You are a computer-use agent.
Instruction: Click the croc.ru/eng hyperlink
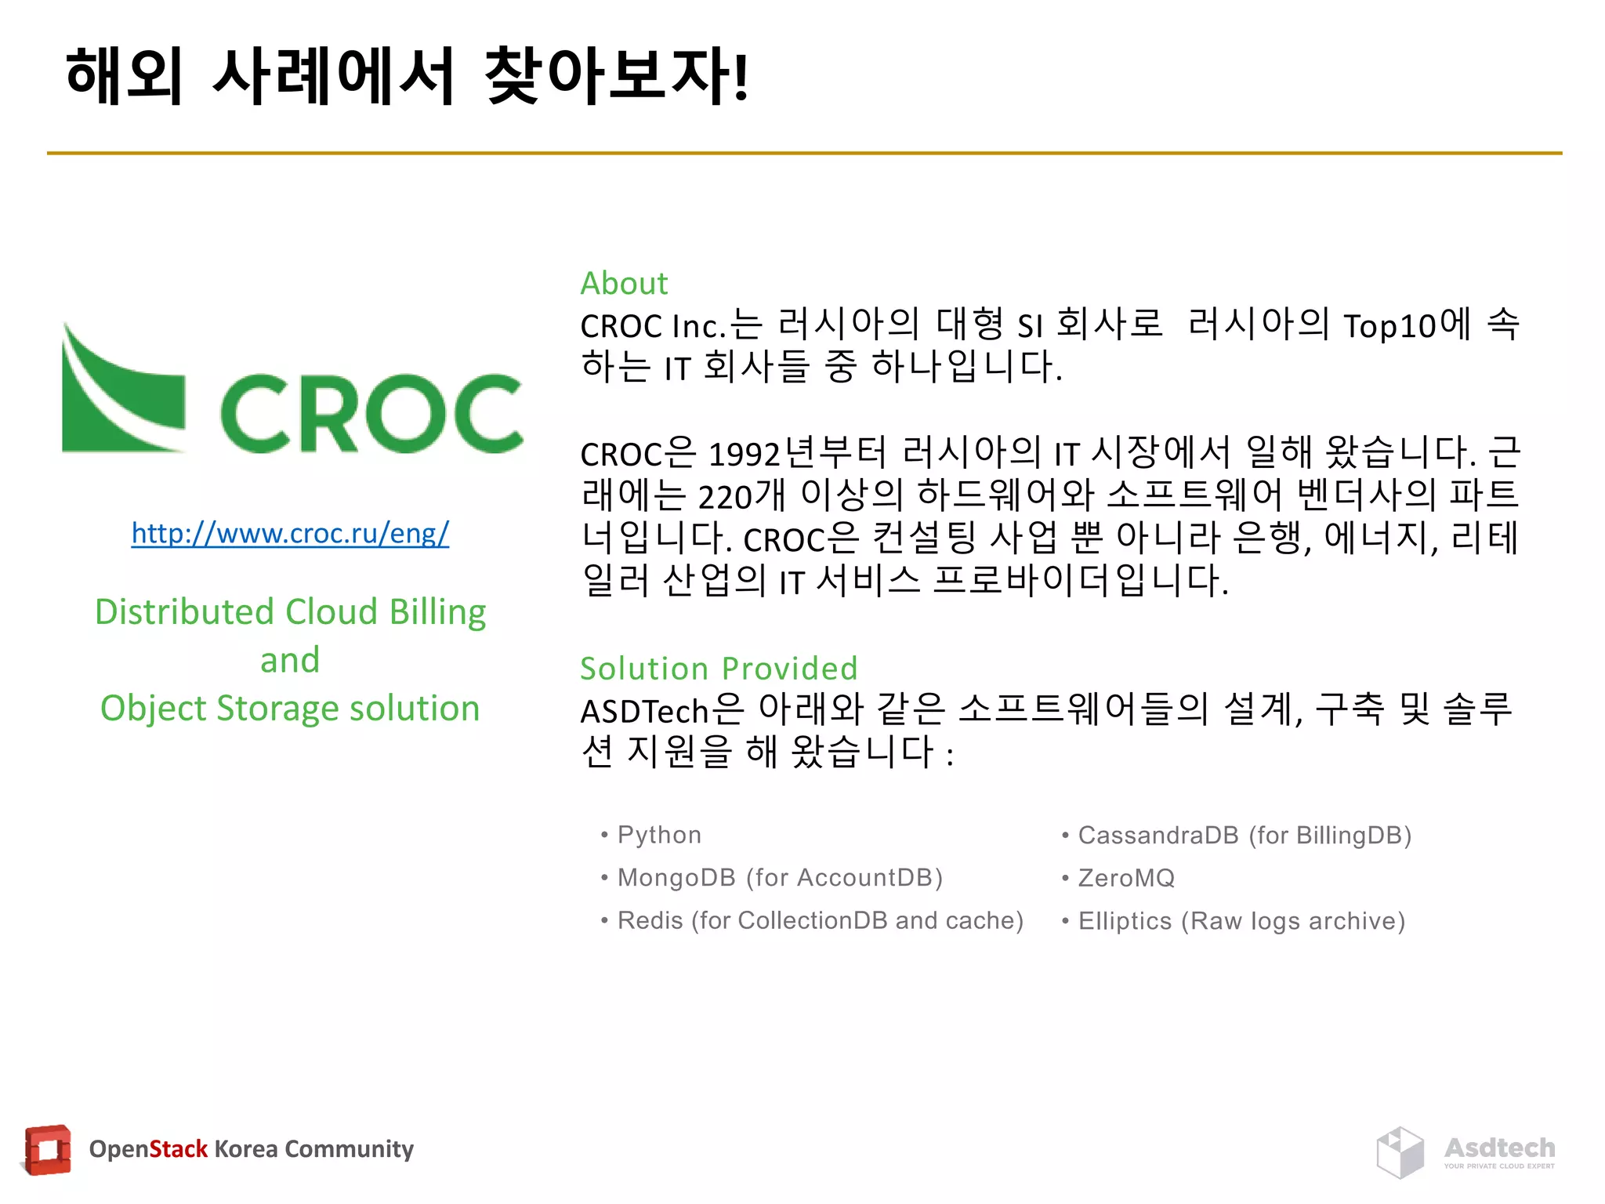[x=290, y=534]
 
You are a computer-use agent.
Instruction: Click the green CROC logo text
[x=371, y=414]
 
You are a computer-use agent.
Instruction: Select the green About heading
[x=624, y=284]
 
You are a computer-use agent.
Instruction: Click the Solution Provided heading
[x=719, y=669]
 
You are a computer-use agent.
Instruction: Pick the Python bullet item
[x=659, y=835]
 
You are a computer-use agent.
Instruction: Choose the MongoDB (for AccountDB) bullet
[x=780, y=878]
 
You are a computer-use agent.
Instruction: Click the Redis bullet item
[x=820, y=920]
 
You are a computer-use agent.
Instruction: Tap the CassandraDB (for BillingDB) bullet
[x=1245, y=836]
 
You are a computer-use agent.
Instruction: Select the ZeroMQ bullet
[x=1126, y=878]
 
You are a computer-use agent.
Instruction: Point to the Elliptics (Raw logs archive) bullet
[x=1241, y=921]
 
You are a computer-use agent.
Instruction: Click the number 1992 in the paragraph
[x=744, y=455]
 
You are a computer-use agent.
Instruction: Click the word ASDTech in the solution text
[x=644, y=712]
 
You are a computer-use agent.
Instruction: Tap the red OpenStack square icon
[x=48, y=1150]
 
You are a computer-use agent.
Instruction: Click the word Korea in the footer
[x=245, y=1149]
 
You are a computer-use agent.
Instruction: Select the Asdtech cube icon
[x=1400, y=1152]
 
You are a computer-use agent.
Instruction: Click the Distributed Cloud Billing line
[x=290, y=612]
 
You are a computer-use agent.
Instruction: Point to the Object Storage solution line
[x=290, y=709]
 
